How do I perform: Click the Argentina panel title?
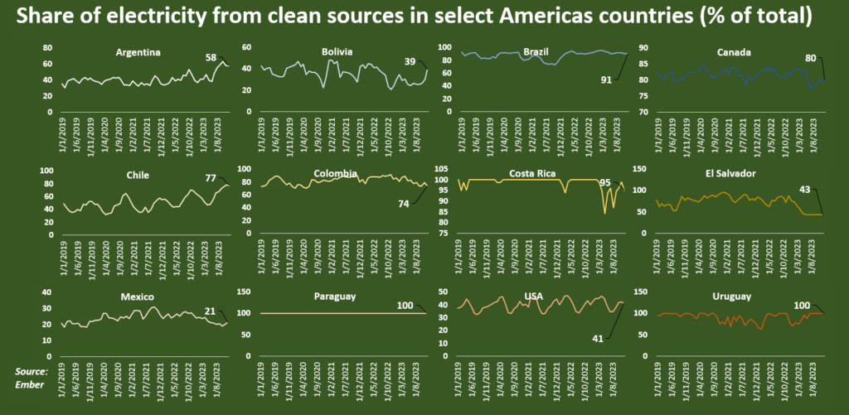point(138,52)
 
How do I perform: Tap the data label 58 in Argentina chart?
point(211,57)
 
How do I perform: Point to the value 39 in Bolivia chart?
point(410,61)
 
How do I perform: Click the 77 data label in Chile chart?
point(211,178)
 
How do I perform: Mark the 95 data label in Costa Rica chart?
point(606,182)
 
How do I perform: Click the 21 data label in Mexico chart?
point(211,311)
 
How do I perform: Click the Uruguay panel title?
point(733,296)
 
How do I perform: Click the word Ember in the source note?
point(31,384)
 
